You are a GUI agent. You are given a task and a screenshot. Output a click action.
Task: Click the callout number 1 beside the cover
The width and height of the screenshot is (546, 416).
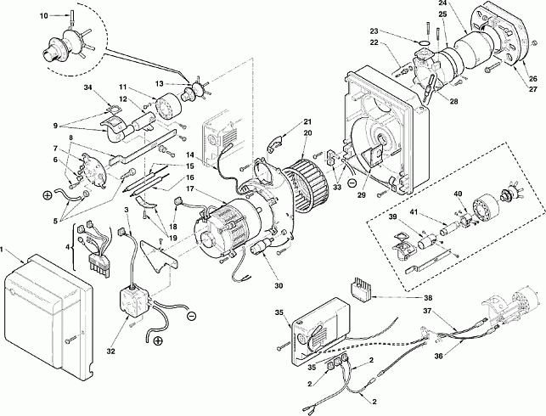2,250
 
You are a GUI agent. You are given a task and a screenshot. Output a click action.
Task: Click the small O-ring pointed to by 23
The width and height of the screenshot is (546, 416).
424,42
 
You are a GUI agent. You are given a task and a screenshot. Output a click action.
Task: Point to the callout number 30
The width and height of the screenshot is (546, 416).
279,286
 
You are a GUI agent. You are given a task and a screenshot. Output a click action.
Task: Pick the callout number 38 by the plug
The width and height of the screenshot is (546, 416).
428,298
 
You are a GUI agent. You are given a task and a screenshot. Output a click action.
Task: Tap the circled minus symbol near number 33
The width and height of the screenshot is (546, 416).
352,182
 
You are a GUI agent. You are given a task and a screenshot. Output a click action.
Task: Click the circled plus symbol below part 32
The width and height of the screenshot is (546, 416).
158,340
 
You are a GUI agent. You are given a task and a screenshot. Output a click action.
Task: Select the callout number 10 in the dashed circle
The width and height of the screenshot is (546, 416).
44,16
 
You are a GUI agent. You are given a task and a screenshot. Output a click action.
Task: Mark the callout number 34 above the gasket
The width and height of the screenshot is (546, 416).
88,87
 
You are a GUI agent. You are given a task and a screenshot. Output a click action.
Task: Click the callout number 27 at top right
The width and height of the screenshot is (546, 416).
533,89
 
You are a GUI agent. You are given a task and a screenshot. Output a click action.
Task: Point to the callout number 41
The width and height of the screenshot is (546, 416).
413,211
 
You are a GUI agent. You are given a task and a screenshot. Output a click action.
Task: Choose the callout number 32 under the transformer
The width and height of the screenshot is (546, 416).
110,351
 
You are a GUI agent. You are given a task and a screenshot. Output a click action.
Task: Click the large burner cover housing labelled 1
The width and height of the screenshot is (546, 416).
48,314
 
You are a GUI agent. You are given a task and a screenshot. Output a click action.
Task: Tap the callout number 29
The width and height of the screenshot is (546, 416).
362,195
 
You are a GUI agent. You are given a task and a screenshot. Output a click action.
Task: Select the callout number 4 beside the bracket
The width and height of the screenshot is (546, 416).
68,247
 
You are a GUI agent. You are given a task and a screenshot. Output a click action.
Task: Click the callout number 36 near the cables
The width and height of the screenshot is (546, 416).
439,356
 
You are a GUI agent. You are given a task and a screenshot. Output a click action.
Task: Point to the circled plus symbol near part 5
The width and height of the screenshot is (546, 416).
48,195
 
